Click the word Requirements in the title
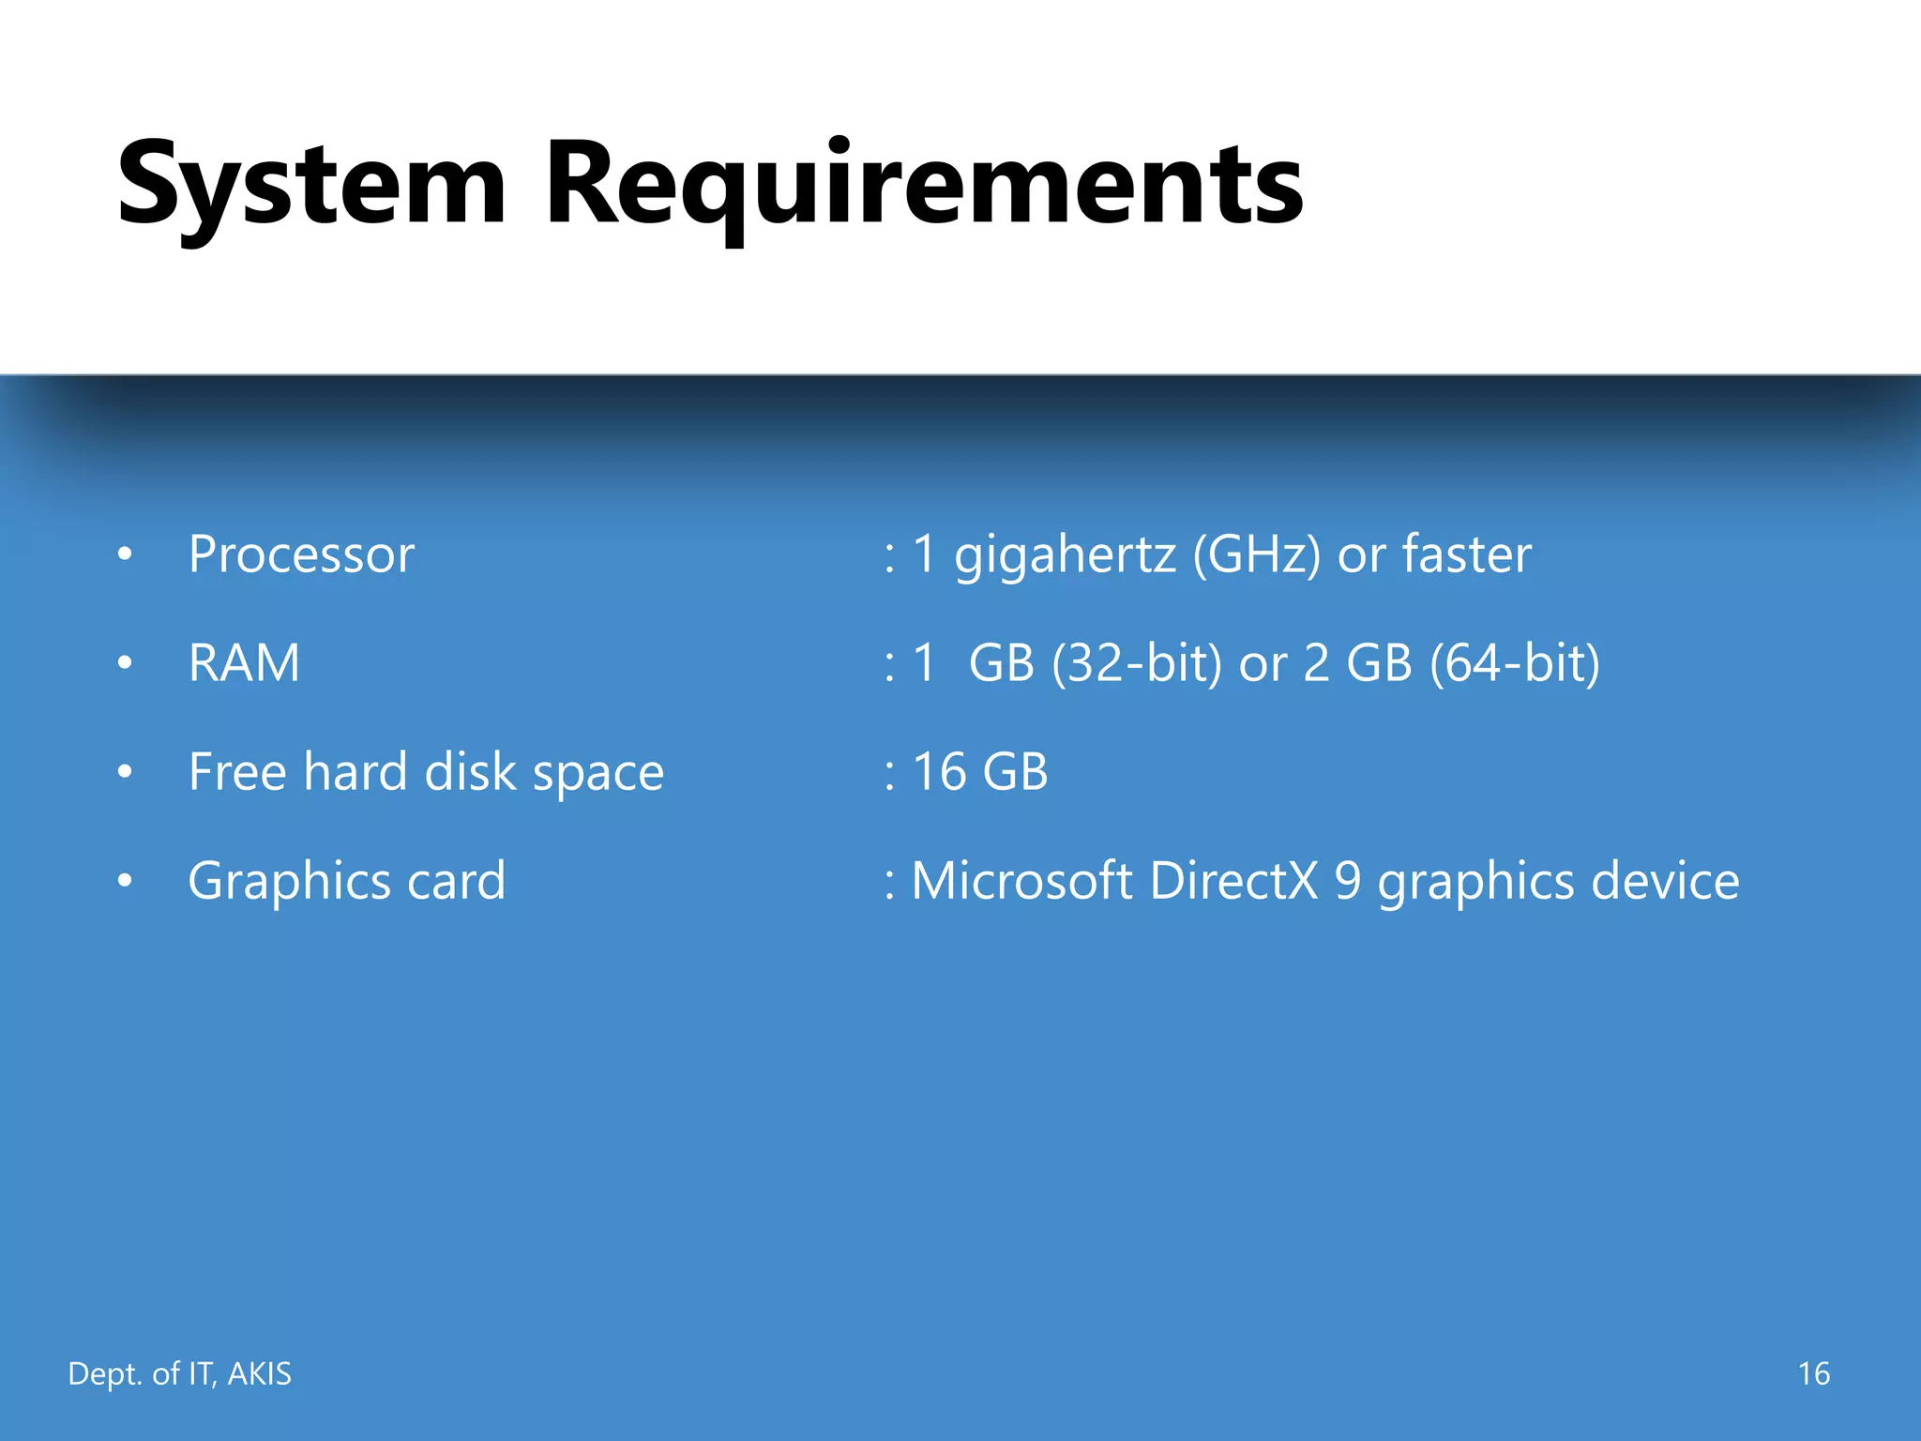click(x=924, y=184)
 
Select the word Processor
click(x=301, y=554)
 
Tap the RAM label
click(x=244, y=663)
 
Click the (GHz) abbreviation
click(x=1257, y=554)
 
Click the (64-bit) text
click(x=1515, y=663)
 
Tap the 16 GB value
click(x=979, y=772)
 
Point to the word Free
click(x=237, y=772)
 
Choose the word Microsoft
click(x=1021, y=881)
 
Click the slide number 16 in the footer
click(x=1813, y=1373)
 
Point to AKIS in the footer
click(x=260, y=1373)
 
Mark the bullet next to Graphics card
click(x=125, y=881)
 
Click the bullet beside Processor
click(x=125, y=554)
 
